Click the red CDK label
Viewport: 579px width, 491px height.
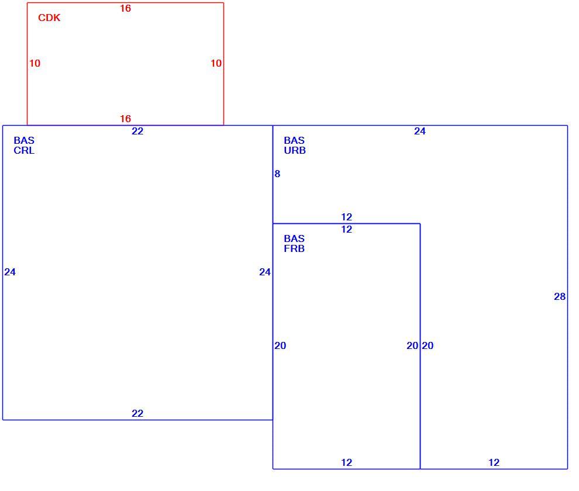[49, 18]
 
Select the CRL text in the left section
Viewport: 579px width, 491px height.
[24, 151]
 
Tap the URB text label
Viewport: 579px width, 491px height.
[295, 151]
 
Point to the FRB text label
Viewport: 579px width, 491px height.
[294, 249]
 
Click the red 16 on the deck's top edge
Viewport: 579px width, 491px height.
[126, 9]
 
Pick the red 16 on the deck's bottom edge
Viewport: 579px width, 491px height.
[126, 119]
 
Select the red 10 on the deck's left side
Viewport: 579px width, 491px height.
[35, 64]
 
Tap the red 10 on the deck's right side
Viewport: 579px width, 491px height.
[216, 64]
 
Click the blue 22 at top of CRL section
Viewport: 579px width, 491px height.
[137, 132]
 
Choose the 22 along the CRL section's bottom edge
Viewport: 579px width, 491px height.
[137, 413]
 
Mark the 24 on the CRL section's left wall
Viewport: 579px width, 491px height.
[10, 272]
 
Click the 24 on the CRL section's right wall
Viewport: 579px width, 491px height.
[265, 272]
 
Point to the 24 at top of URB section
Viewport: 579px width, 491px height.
[420, 132]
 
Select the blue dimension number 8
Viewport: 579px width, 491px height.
[277, 174]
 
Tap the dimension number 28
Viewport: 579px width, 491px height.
[560, 296]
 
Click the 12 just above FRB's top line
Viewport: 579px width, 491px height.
[346, 217]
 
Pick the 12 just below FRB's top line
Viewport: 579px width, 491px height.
[346, 230]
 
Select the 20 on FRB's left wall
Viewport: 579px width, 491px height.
[280, 346]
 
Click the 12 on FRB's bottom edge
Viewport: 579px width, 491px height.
[346, 462]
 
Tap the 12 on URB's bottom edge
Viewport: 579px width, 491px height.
[494, 462]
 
